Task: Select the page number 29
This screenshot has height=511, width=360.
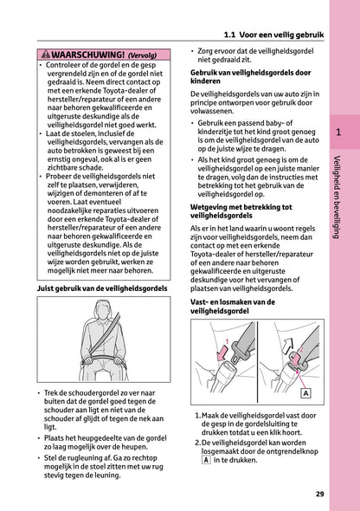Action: point(320,494)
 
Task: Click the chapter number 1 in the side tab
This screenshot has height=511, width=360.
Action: point(339,133)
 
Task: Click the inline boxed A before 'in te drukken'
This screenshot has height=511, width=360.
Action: point(205,460)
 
